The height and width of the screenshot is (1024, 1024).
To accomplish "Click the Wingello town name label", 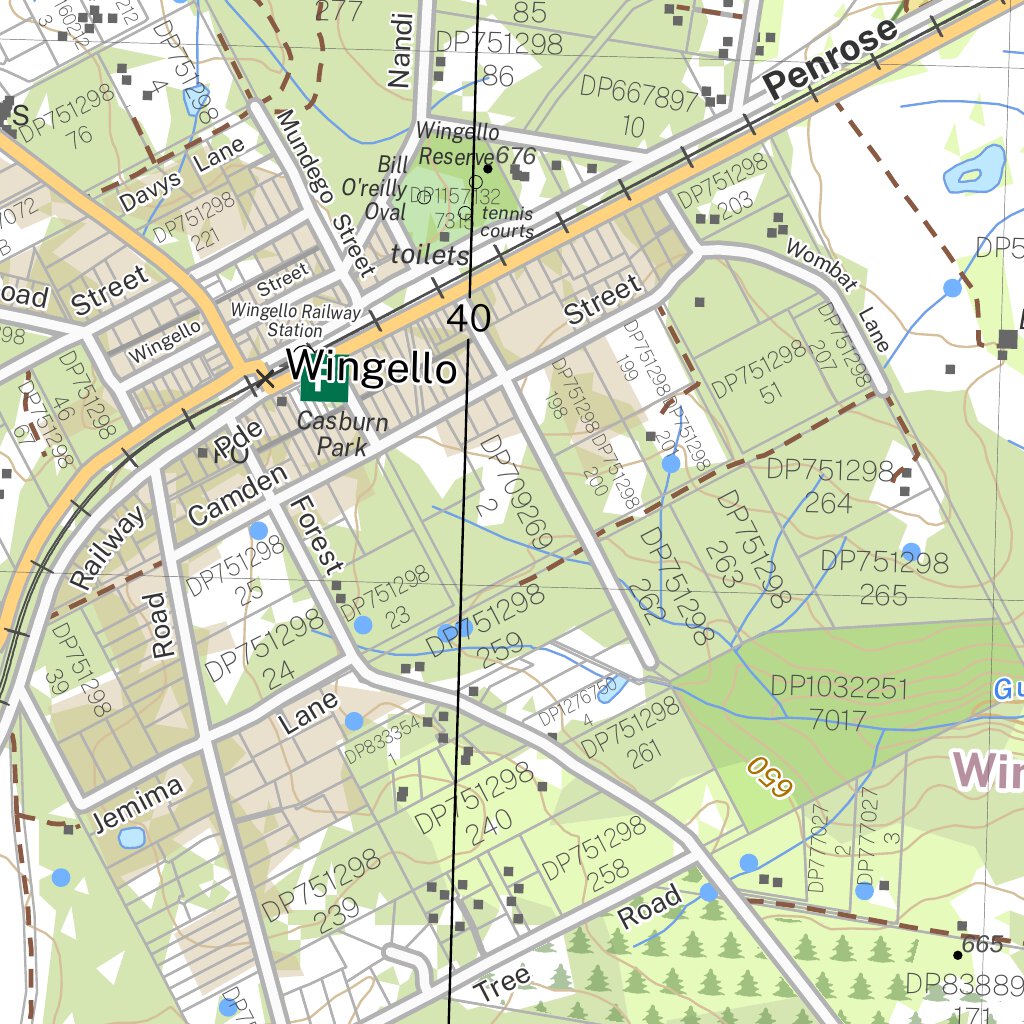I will pyautogui.click(x=372, y=368).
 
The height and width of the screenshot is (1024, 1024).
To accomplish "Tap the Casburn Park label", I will pyautogui.click(x=342, y=434).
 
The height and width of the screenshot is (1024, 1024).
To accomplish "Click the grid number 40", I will pyautogui.click(x=469, y=318).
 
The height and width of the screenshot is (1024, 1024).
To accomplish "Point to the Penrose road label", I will pyautogui.click(x=830, y=62).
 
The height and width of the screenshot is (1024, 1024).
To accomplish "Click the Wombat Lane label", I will pyautogui.click(x=838, y=293).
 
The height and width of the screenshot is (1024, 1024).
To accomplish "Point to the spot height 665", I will pyautogui.click(x=981, y=944).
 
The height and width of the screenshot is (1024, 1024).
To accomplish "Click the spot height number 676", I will pyautogui.click(x=516, y=156).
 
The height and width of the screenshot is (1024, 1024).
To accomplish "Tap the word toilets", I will pyautogui.click(x=430, y=255).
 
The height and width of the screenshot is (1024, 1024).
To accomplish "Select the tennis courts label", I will pyautogui.click(x=506, y=222).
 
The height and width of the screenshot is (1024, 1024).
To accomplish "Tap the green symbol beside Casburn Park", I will pyautogui.click(x=323, y=378).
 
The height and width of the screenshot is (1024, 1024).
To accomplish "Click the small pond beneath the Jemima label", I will pyautogui.click(x=131, y=837).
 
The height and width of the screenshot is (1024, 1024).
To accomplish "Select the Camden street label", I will pyautogui.click(x=237, y=497).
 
